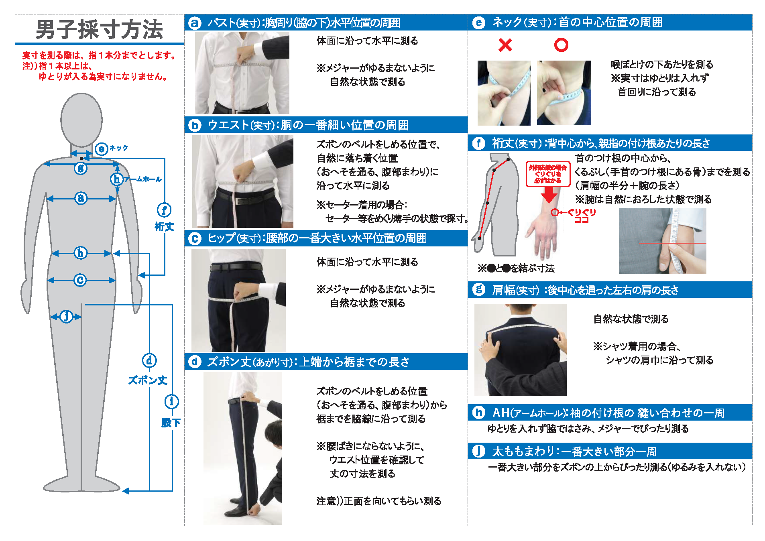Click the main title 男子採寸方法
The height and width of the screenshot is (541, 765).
click(99, 29)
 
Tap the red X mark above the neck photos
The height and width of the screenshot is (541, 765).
click(505, 45)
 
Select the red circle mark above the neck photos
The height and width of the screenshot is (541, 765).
click(561, 45)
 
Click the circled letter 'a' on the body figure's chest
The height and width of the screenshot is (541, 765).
click(81, 198)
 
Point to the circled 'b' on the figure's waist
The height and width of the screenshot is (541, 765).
click(80, 253)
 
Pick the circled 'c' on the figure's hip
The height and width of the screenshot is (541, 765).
click(80, 280)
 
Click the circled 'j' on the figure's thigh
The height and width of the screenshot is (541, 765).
click(66, 316)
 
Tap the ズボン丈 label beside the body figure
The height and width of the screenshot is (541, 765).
click(148, 380)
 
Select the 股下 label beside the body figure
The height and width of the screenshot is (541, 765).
click(171, 422)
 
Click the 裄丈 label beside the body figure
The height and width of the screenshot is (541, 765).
click(164, 226)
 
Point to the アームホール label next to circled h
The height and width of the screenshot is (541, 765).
click(142, 179)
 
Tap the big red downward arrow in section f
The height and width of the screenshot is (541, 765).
click(548, 195)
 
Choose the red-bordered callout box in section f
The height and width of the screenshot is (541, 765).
click(548, 174)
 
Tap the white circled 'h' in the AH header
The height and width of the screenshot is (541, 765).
click(478, 412)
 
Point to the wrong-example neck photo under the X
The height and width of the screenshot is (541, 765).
click(503, 93)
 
